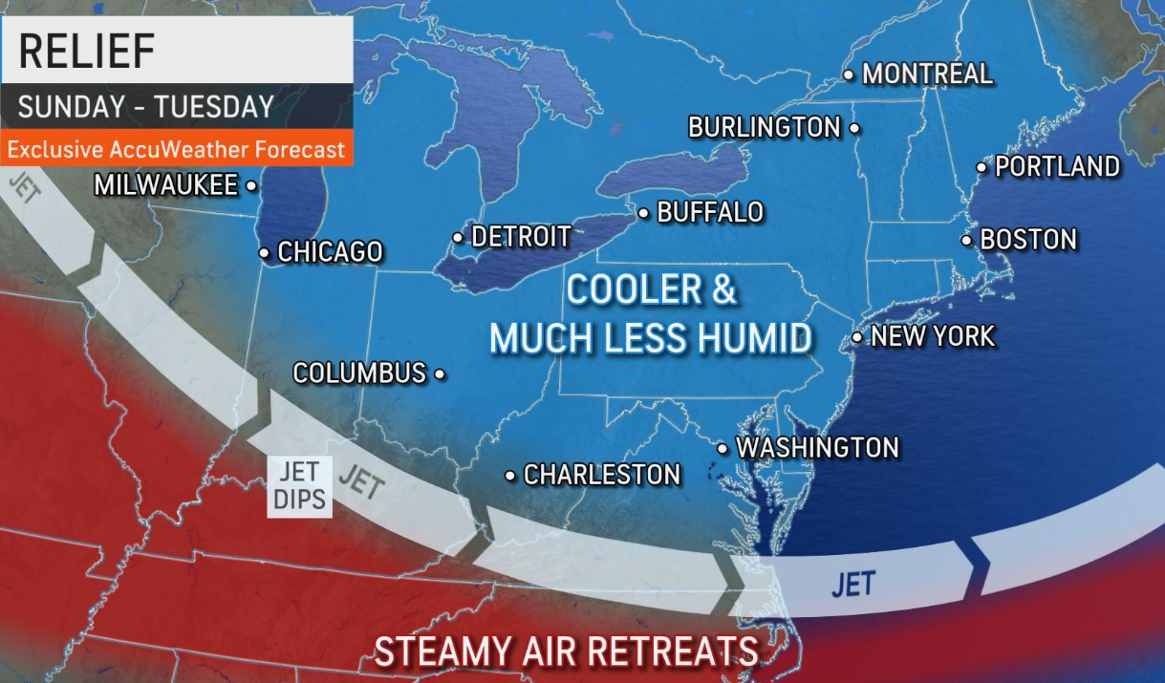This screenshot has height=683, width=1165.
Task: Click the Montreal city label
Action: point(927,74)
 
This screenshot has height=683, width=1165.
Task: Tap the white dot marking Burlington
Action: point(853,127)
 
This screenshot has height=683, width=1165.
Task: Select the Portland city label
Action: point(1057,167)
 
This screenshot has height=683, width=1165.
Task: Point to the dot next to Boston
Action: point(967,240)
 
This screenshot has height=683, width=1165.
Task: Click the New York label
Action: point(933,336)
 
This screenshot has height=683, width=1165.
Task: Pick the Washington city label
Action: point(817,447)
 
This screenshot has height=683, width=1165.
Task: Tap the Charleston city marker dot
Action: point(510,475)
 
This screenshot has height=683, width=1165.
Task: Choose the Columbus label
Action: point(359,374)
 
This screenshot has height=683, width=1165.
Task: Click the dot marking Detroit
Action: point(458,237)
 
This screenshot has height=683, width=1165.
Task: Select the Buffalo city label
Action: point(710,212)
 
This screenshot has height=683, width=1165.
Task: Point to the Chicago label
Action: point(330,252)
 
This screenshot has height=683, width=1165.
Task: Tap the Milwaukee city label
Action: point(165,185)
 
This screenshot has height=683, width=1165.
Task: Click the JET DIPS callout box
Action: point(300,485)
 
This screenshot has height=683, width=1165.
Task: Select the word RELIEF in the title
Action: point(87,51)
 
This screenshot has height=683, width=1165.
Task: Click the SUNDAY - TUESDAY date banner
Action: point(146,107)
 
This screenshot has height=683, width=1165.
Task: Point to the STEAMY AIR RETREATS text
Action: point(566,651)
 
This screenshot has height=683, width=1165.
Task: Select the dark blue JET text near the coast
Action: point(852,584)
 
